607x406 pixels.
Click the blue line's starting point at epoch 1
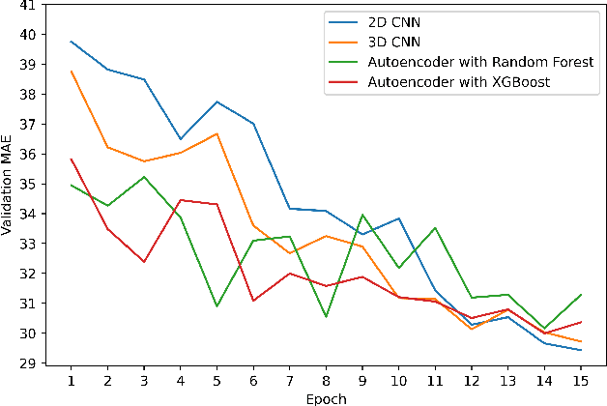[x=72, y=42]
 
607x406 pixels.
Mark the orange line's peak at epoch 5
[x=217, y=133]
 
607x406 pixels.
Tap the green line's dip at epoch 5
[x=217, y=306]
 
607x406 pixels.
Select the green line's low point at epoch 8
[x=326, y=316]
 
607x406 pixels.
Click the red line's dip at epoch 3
[x=144, y=262]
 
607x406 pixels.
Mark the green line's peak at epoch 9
[x=362, y=215]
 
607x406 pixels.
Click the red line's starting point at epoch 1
[x=72, y=159]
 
